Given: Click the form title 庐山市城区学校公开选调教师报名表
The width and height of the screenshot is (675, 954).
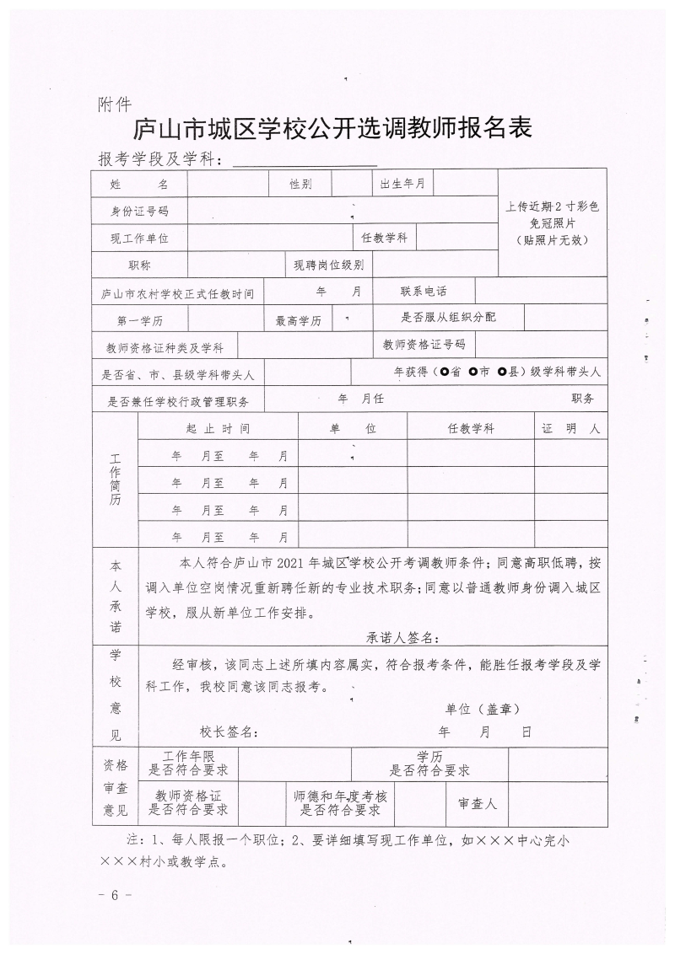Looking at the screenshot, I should click(x=334, y=129).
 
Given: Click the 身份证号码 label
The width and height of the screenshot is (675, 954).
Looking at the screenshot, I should click(x=139, y=211).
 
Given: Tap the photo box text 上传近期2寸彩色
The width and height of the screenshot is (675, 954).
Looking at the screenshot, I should click(x=552, y=206).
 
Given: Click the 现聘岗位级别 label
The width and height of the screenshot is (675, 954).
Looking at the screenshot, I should click(x=328, y=265).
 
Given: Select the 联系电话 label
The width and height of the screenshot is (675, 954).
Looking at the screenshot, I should click(x=424, y=291).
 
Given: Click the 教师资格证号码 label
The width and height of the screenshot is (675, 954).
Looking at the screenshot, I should click(x=424, y=344).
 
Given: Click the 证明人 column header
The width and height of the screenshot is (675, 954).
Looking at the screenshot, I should click(x=570, y=428).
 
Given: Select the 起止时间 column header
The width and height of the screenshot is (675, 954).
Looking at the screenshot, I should click(x=218, y=428).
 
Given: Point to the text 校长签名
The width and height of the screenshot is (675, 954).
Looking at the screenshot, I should click(x=229, y=732).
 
